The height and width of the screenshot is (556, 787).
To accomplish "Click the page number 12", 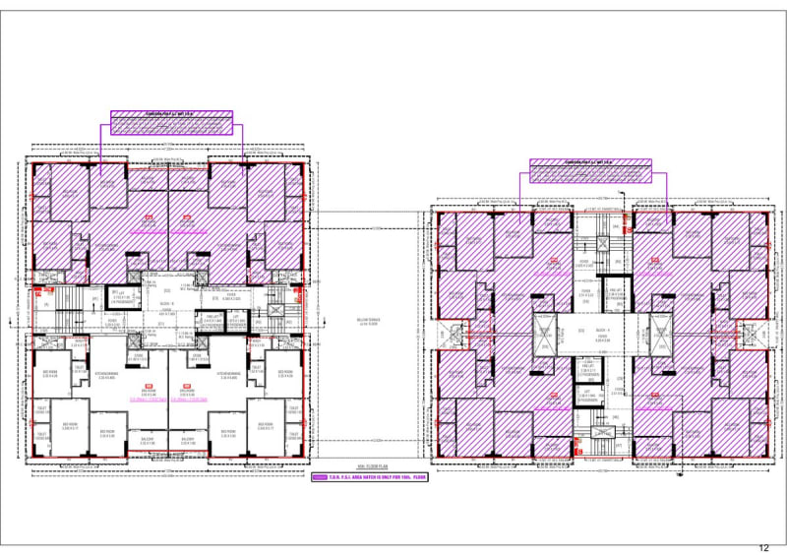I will tap(764, 546).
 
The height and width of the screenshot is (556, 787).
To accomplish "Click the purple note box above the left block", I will tap(170, 121).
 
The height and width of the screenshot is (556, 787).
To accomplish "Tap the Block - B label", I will tap(166, 304).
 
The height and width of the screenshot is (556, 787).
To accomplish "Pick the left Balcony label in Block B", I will tap(148, 441).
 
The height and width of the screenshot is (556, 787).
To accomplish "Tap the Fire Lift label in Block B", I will tap(210, 317).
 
